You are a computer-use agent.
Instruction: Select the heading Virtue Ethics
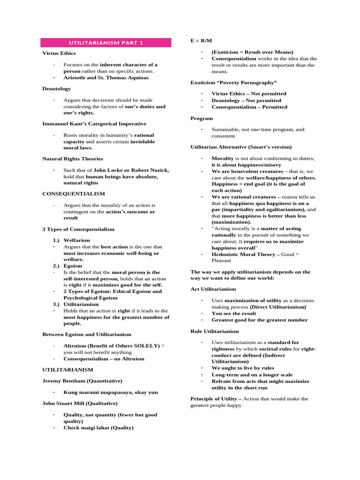coord(59,53)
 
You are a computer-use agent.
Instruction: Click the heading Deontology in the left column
coord(57,89)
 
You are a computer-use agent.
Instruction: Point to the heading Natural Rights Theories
coord(73,159)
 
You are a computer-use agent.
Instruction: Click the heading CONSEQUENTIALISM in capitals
coord(74,194)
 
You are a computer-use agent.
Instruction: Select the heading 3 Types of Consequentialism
coord(78,229)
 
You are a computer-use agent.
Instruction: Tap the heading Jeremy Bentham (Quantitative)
coord(82,381)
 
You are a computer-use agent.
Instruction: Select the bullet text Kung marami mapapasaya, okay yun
coord(111,392)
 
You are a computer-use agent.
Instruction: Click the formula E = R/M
coord(198,41)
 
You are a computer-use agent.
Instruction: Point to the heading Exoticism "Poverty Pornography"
coord(233,82)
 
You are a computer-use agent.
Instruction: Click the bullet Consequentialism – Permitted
coord(249,107)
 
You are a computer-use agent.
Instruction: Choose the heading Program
coord(202,119)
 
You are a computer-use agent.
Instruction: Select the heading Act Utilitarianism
coord(213,289)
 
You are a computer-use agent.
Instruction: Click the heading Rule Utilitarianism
coord(215,331)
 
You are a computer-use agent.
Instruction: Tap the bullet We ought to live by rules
coord(243,368)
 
